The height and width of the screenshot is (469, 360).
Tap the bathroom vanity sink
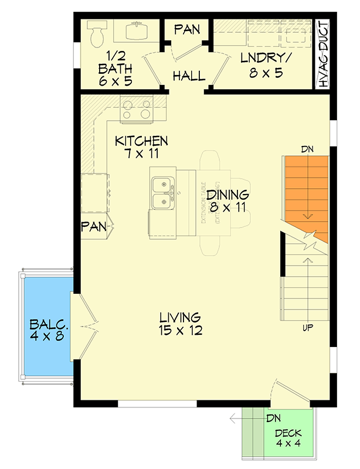tap(138, 29)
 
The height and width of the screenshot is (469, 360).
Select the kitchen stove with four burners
tap(135, 109)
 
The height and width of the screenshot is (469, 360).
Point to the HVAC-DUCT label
tap(323, 55)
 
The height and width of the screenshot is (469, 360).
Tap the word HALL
tap(189, 76)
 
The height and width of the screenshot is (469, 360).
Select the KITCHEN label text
tap(141, 141)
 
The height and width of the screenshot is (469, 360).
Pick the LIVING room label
tap(180, 317)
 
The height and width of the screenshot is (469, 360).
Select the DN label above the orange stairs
tap(308, 149)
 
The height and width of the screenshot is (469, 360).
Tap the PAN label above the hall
tap(187, 29)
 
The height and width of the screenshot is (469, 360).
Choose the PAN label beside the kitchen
tap(93, 226)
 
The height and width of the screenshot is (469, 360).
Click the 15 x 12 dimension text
tap(180, 331)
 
